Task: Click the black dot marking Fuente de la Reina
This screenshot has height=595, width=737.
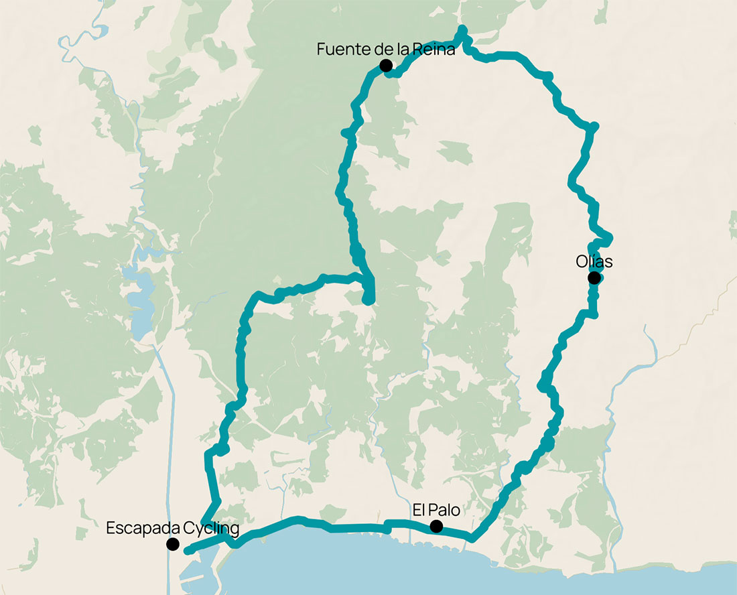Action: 385,65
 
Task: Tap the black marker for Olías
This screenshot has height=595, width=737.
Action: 594,277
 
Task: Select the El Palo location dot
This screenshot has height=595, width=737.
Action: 436,526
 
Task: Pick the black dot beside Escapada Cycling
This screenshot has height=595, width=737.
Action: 173,544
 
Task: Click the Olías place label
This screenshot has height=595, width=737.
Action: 594,261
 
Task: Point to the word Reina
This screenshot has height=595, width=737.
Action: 436,49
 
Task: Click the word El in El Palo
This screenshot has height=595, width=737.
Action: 419,510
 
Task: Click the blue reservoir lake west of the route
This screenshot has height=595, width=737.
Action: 141,308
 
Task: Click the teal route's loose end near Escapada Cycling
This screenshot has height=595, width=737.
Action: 187,551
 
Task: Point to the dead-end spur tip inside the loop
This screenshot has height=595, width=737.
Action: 368,302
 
